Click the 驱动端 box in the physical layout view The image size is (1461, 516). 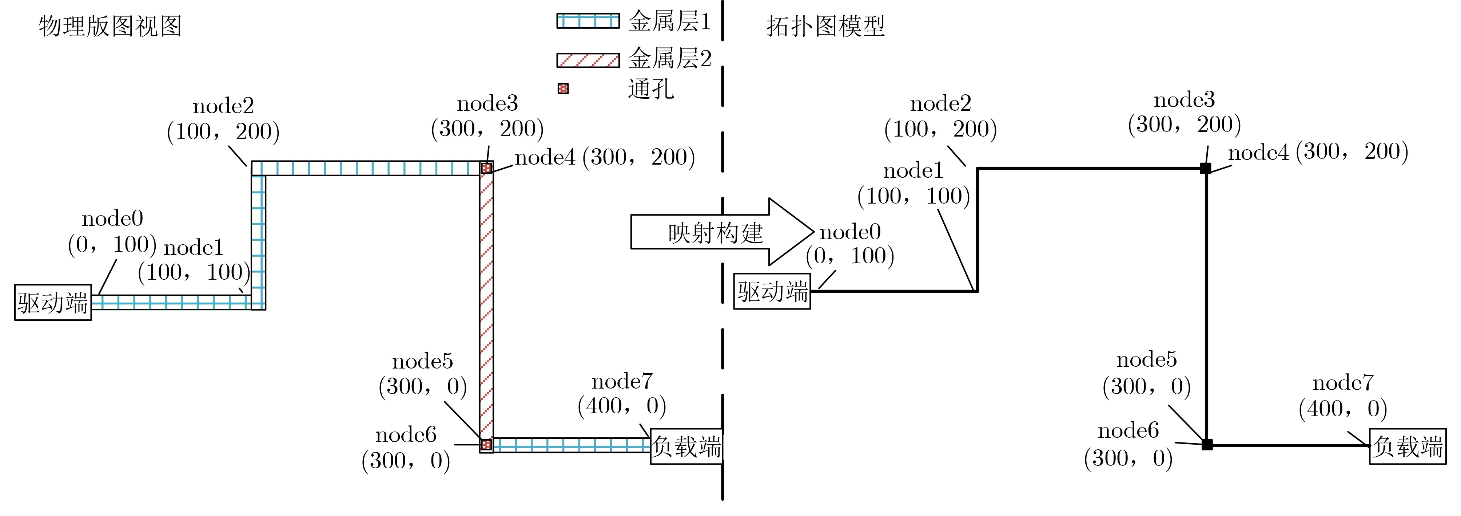(x=53, y=303)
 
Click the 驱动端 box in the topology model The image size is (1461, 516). (x=772, y=291)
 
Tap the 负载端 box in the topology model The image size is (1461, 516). (x=1408, y=447)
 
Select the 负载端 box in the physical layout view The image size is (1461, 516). (x=686, y=447)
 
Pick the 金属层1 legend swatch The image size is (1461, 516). (x=588, y=21)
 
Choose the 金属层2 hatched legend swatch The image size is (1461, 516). (x=588, y=60)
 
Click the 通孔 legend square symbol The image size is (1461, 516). (x=563, y=88)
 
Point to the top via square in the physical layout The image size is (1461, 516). (x=486, y=168)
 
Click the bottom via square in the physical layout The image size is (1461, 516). (x=486, y=445)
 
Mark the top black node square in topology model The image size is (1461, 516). (x=1206, y=168)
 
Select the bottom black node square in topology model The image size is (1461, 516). (x=1207, y=445)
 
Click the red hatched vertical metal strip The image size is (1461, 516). (x=486, y=307)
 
